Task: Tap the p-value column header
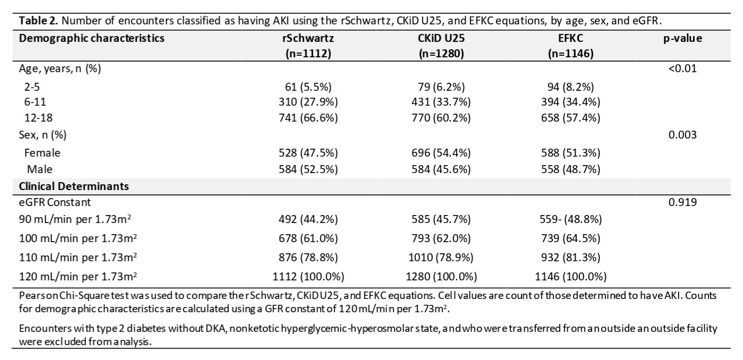click(x=682, y=39)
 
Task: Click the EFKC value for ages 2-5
click(x=570, y=87)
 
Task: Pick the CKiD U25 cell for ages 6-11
click(x=441, y=102)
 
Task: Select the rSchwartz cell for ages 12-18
click(x=308, y=118)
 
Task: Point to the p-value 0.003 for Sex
click(x=682, y=134)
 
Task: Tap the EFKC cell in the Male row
click(x=570, y=169)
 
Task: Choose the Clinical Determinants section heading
click(x=74, y=186)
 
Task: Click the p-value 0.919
click(x=682, y=202)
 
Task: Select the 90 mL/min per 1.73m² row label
click(x=75, y=219)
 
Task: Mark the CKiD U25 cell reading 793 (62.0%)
click(x=441, y=239)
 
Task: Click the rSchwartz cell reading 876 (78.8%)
click(x=308, y=258)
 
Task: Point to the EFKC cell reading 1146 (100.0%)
click(x=570, y=277)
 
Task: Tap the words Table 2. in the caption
click(x=38, y=21)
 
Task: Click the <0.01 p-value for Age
click(x=682, y=68)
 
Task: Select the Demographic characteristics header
click(x=91, y=38)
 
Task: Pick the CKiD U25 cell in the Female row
click(x=441, y=153)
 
